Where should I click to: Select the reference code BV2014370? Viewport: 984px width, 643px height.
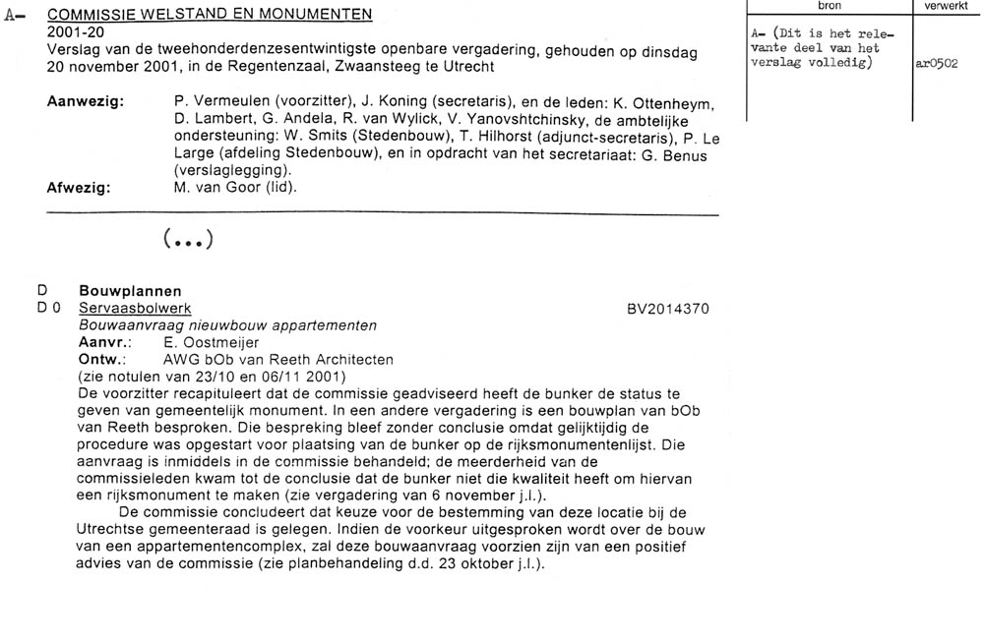[x=667, y=309]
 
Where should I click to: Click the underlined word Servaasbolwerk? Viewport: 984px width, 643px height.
[x=135, y=309]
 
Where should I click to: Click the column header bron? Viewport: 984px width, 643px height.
[x=829, y=6]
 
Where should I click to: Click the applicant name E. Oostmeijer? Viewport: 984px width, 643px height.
[x=217, y=343]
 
